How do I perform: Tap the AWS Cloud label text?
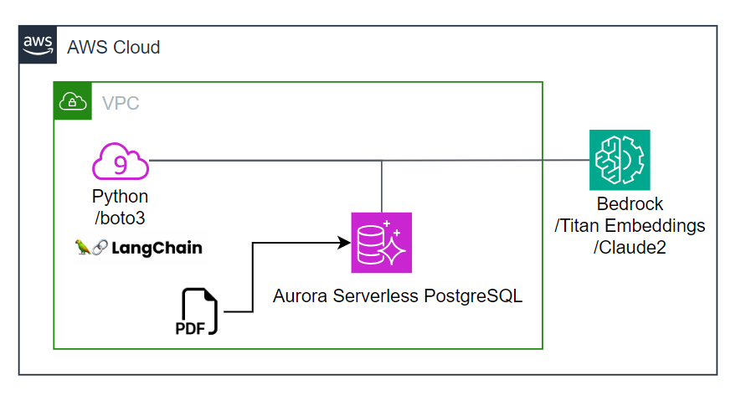113,47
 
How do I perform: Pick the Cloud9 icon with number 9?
121,163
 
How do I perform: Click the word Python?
121,198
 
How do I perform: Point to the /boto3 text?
121,218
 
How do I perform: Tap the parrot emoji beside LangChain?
83,249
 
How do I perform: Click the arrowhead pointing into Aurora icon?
343,243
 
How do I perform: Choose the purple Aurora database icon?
381,243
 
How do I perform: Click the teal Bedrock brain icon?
619,160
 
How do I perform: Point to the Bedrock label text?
630,204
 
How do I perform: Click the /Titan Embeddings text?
630,226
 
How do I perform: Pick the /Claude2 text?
630,248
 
